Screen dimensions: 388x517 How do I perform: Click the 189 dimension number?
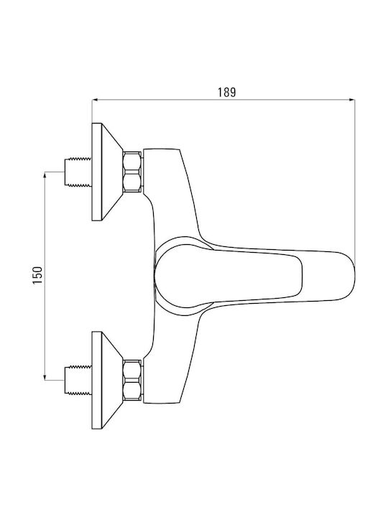click(x=226, y=92)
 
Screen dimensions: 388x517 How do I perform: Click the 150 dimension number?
click(x=37, y=275)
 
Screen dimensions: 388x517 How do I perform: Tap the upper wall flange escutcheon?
click(x=104, y=172)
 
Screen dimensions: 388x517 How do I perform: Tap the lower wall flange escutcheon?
click(x=104, y=380)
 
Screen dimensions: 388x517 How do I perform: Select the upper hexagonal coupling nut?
click(x=133, y=172)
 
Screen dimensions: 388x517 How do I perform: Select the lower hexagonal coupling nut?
click(x=133, y=380)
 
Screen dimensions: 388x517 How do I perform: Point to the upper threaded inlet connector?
click(x=78, y=172)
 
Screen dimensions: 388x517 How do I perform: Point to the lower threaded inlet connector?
click(x=78, y=380)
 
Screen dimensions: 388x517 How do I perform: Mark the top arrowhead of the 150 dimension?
click(x=45, y=174)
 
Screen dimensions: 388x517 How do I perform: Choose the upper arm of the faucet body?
click(x=168, y=191)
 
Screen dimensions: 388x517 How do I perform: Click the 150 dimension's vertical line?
click(x=45, y=276)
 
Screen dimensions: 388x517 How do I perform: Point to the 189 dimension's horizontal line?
click(x=223, y=99)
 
